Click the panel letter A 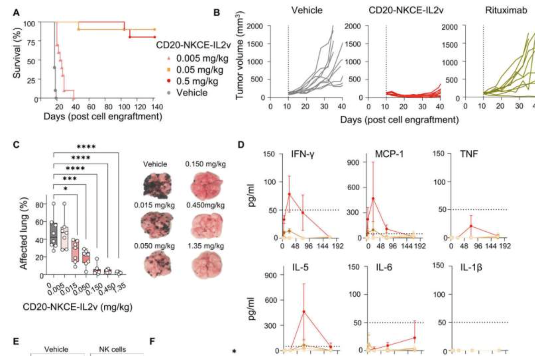pos(16,13)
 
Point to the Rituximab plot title pos(506,10)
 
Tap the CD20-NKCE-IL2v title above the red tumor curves pos(406,10)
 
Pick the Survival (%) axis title pos(17,53)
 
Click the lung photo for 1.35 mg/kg pos(206,265)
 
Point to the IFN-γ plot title pos(302,154)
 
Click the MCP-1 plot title pos(389,154)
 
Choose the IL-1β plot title pos(471,267)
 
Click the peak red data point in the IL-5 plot pos(304,312)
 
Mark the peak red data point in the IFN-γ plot pos(289,194)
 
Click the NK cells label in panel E pos(112,349)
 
